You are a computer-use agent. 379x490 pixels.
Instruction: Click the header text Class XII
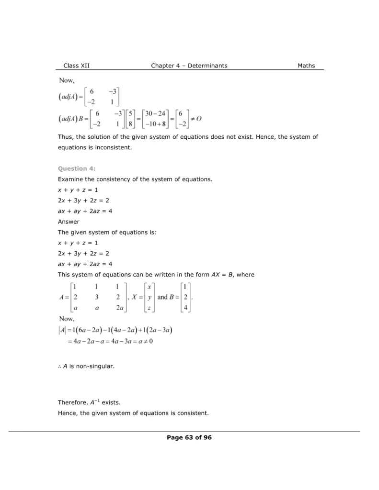76,66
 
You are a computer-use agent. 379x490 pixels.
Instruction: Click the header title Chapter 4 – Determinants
189,66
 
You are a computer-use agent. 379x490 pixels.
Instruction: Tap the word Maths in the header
306,66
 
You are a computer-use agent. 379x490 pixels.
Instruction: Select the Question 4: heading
77,168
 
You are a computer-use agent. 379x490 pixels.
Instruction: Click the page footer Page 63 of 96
189,437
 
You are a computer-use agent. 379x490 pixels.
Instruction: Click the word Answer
69,222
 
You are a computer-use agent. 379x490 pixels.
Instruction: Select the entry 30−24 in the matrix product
155,113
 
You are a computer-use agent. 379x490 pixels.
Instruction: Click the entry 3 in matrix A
96,297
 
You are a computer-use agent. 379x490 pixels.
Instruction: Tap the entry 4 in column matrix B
186,308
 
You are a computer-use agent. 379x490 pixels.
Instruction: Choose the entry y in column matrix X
149,297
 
